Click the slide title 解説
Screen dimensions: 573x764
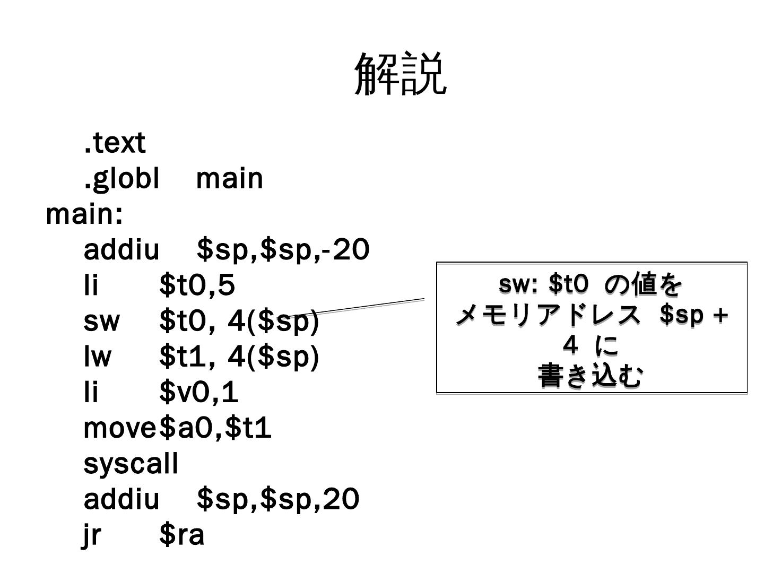[x=401, y=74]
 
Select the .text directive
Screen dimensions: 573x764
[x=115, y=143]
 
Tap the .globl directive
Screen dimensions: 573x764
[x=121, y=178]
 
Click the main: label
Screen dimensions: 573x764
[x=84, y=214]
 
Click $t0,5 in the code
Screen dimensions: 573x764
[x=197, y=285]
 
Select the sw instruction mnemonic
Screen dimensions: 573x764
[x=101, y=321]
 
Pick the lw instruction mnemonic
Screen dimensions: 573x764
[x=98, y=357]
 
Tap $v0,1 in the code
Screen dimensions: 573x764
[x=199, y=393]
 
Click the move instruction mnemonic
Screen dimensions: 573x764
[x=120, y=428]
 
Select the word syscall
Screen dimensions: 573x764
[x=131, y=464]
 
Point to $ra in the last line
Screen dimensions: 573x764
[x=181, y=535]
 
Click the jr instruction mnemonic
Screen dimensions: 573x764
[x=92, y=535]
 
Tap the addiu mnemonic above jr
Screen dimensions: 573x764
[x=121, y=499]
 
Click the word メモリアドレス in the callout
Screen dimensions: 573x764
[x=549, y=316]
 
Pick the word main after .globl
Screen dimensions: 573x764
[x=229, y=178]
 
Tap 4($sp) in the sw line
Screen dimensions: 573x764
[x=273, y=321]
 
